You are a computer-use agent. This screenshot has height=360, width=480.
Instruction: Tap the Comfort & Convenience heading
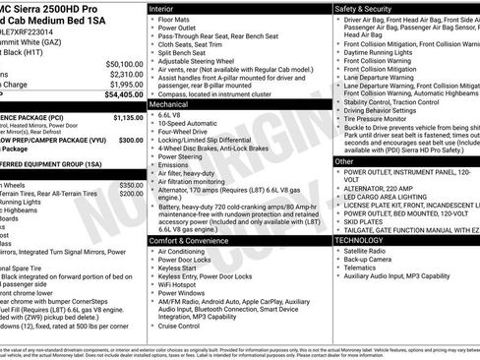click(193, 240)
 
